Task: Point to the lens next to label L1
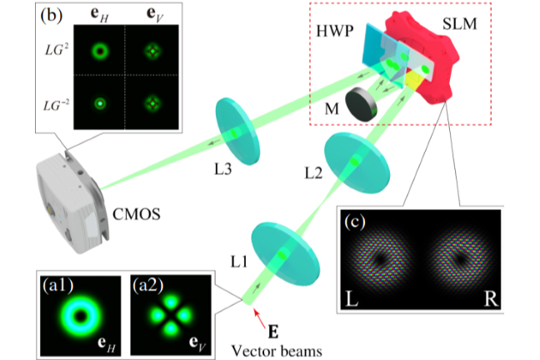(x=285, y=252)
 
